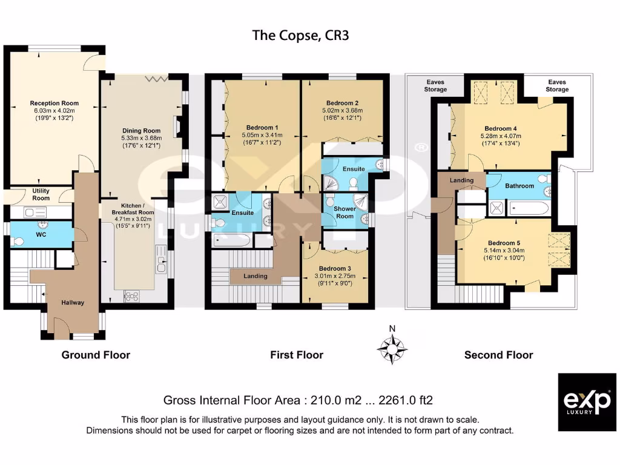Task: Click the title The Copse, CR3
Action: tap(300, 36)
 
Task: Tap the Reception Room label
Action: tap(54, 103)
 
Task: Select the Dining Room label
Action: tap(142, 130)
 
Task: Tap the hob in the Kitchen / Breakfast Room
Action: tap(131, 295)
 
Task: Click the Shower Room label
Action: tap(345, 213)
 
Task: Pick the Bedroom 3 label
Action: tap(335, 268)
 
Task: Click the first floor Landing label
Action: tap(255, 276)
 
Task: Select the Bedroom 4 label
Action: tap(501, 128)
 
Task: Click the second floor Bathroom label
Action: tap(519, 186)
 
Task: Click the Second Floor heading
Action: tap(498, 355)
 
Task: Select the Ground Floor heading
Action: tap(96, 355)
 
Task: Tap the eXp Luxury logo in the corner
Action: tap(587, 402)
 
